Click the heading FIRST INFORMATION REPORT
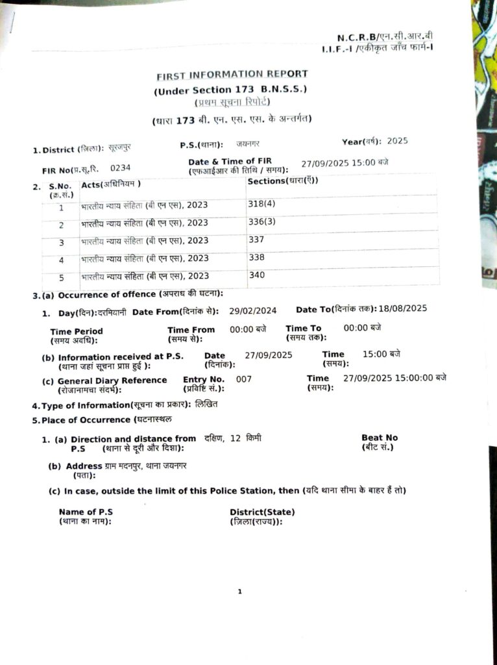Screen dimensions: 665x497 click(232, 75)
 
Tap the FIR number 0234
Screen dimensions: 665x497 click(120, 168)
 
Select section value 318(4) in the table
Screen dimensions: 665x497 click(261, 204)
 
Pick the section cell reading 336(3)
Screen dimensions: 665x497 click(261, 222)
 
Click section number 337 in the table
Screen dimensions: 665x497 click(256, 240)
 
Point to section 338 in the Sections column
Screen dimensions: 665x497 click(256, 258)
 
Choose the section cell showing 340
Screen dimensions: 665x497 click(256, 275)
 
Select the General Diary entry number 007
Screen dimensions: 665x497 click(244, 379)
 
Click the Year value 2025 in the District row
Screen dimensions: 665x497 click(397, 141)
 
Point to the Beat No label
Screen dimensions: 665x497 click(380, 438)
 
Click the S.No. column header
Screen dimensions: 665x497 click(59, 186)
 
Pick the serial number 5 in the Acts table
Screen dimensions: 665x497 click(62, 277)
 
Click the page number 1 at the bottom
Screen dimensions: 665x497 click(239, 592)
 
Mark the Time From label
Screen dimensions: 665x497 click(191, 330)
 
